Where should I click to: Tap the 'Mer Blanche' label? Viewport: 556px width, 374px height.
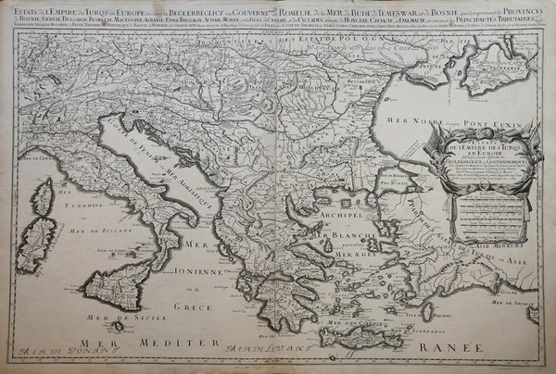345,239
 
